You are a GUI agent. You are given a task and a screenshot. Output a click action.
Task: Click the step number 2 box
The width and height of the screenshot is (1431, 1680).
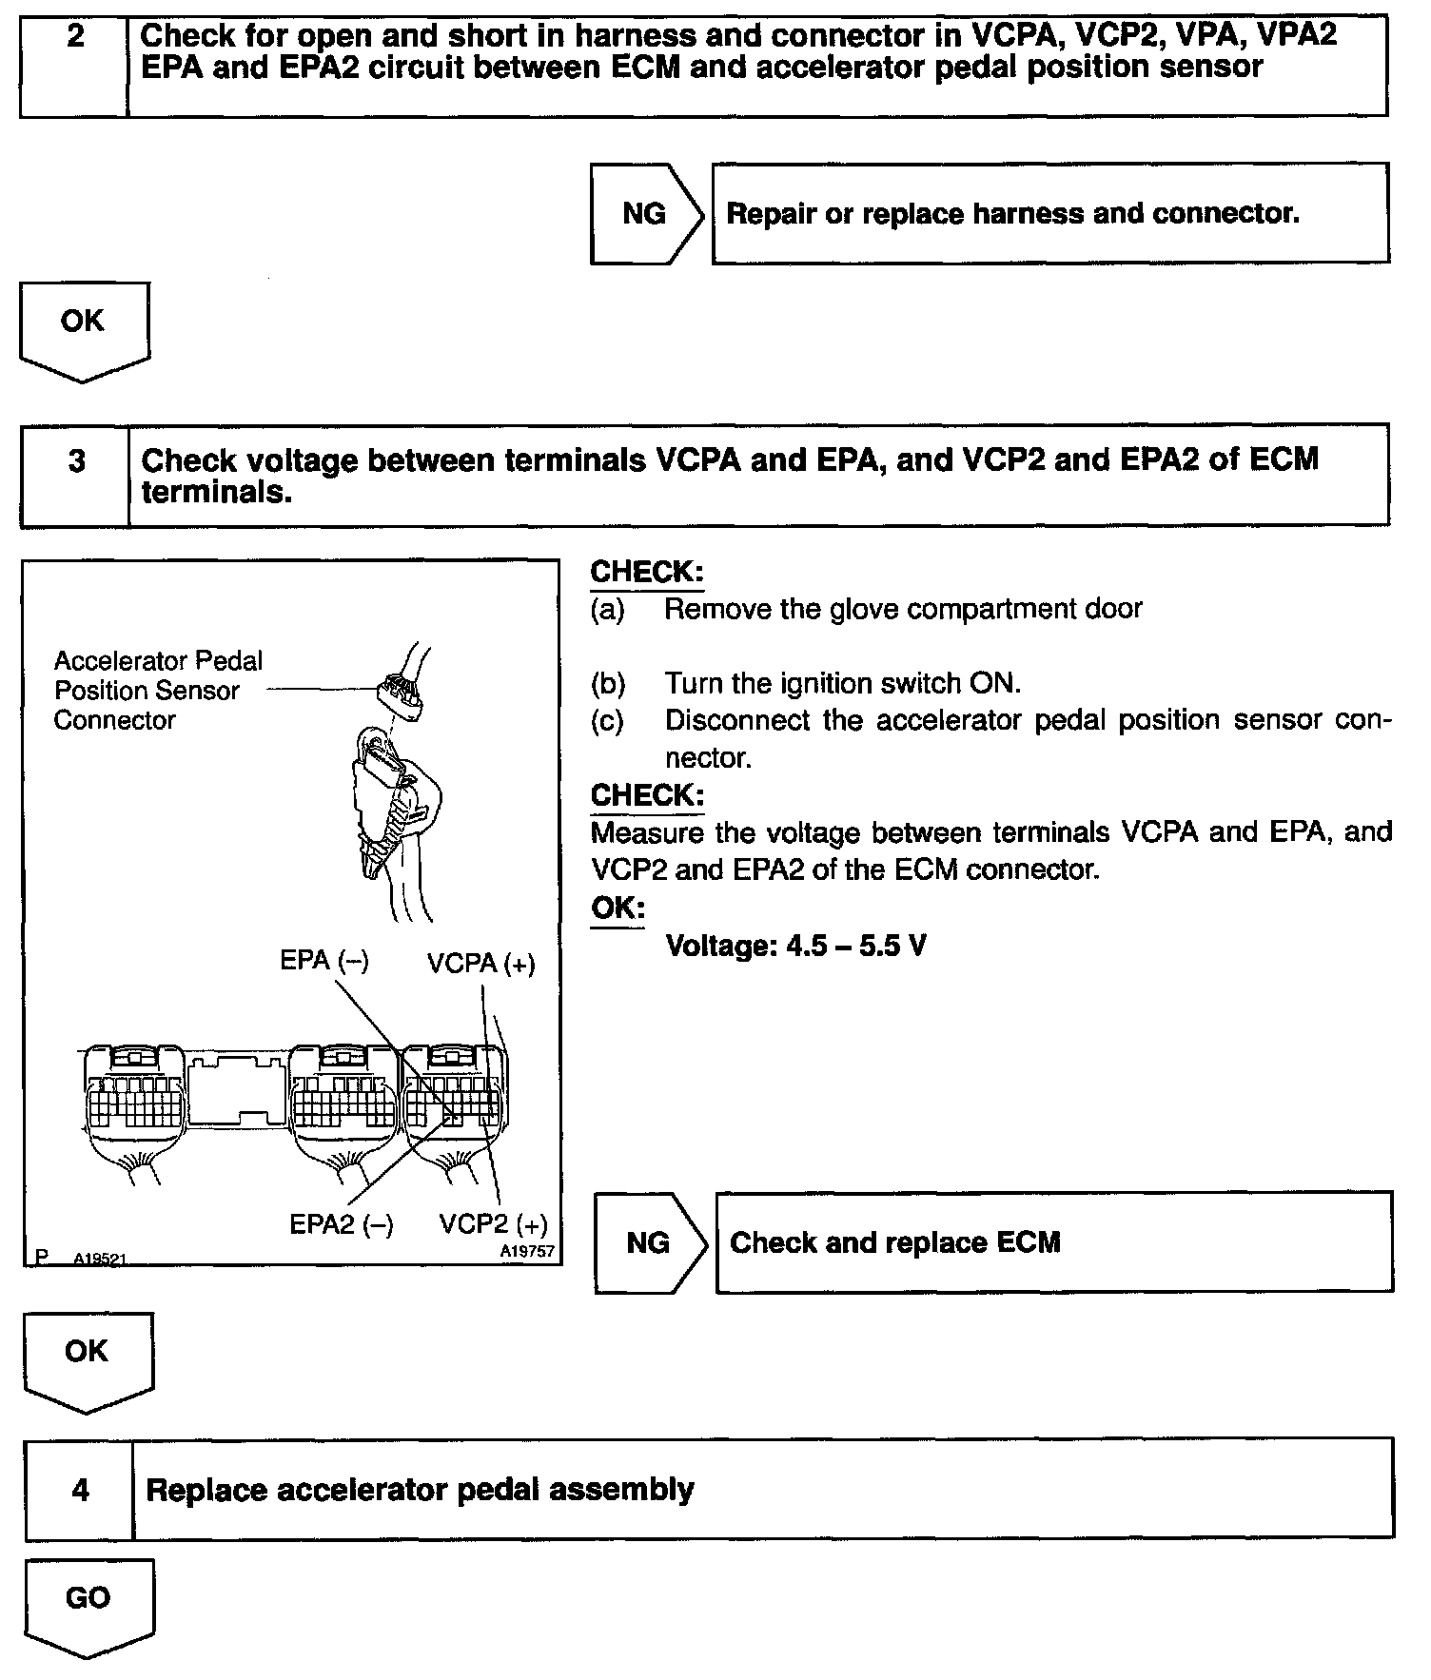[x=74, y=64]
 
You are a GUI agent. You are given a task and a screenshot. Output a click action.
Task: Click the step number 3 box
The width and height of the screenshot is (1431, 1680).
[x=76, y=475]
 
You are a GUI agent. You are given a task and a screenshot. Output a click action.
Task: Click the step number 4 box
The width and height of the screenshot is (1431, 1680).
[x=80, y=1489]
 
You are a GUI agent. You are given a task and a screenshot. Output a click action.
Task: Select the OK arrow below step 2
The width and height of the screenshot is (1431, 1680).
[x=84, y=328]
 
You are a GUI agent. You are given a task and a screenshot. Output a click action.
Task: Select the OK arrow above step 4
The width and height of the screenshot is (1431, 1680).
[x=88, y=1358]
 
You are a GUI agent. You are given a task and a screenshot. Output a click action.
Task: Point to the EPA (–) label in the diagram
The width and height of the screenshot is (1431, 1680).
[x=323, y=961]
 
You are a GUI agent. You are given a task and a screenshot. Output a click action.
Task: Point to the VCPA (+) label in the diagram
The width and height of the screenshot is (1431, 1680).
[x=481, y=964]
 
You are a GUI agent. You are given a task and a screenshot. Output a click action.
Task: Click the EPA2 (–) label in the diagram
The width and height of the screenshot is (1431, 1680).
[x=341, y=1224]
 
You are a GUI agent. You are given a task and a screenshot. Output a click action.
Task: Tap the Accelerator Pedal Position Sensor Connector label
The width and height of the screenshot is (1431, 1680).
[x=157, y=691]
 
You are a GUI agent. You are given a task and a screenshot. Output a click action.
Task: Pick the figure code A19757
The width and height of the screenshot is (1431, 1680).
[x=527, y=1252]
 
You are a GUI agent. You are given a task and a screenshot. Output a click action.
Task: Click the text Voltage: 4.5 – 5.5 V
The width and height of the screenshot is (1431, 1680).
[x=795, y=946]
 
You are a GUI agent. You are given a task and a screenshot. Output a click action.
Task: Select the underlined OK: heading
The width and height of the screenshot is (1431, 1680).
[x=617, y=908]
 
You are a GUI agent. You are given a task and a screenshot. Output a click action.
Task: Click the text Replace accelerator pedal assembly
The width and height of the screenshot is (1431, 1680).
[x=420, y=1489]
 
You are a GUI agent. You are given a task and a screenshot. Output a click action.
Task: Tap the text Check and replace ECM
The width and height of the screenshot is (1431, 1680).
[x=894, y=1242]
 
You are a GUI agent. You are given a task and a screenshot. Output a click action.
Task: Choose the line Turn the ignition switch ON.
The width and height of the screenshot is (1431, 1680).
[x=842, y=683]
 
